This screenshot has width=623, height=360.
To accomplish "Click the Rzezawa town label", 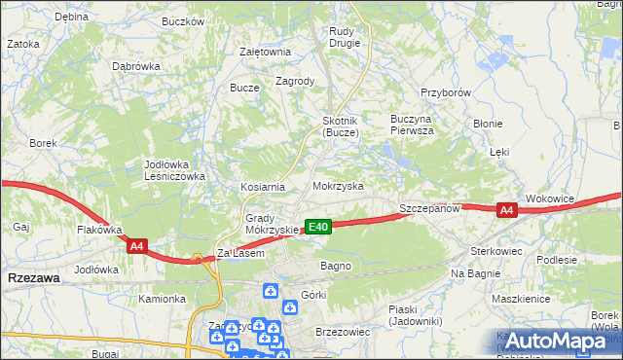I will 33,278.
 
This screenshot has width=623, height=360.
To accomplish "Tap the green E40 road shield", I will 318,227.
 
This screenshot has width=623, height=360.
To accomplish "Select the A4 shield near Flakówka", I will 136,247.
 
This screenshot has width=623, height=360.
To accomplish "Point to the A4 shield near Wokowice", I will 505,210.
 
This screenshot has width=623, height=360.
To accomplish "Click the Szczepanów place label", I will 428,209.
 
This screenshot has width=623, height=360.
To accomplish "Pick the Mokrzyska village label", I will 338,185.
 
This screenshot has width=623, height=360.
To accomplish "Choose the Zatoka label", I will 23,44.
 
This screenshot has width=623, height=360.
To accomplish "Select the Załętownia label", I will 265,52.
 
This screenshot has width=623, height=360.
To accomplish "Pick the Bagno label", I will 336,266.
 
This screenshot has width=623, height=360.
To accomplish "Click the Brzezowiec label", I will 343,332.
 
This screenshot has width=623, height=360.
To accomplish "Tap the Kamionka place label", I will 162,299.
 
